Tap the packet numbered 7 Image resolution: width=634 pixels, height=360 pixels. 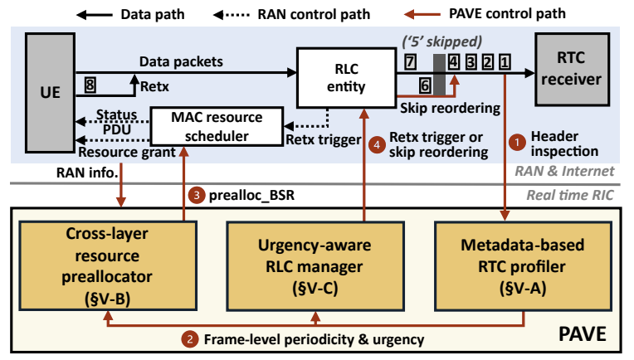click(410, 61)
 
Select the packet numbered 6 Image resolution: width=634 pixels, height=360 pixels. click(423, 85)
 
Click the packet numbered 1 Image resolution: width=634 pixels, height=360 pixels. click(505, 61)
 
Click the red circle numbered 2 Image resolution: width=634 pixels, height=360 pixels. click(192, 338)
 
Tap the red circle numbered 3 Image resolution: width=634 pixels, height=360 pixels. click(196, 197)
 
